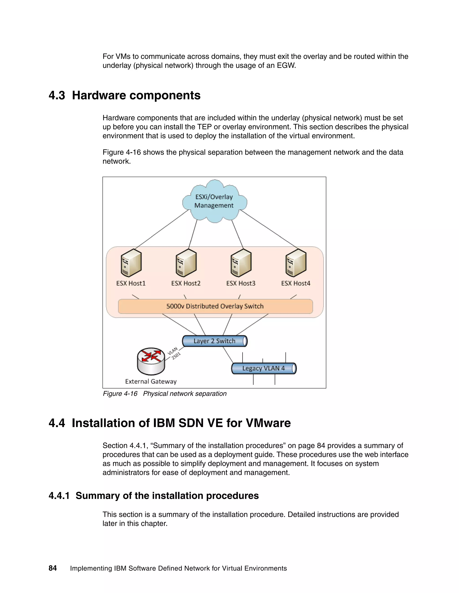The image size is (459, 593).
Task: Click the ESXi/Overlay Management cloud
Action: [x=214, y=201]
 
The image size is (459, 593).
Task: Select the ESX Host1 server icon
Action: [x=131, y=263]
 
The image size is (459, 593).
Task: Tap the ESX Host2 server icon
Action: [x=186, y=263]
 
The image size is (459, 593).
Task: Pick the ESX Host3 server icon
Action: [x=241, y=263]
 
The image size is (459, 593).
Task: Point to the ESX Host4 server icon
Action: [x=296, y=263]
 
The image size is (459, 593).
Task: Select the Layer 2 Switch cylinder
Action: [x=214, y=341]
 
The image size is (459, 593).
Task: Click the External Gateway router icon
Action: [x=151, y=361]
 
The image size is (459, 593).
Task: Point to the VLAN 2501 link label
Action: [x=174, y=353]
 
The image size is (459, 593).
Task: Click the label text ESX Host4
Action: [x=296, y=284]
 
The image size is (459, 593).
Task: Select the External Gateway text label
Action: [x=151, y=382]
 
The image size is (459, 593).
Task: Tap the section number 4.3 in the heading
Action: [x=57, y=96]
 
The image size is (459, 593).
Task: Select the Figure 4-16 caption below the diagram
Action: [x=165, y=394]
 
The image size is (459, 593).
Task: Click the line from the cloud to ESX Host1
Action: [x=162, y=229]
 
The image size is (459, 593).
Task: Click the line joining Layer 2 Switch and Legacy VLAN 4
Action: [x=228, y=355]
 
